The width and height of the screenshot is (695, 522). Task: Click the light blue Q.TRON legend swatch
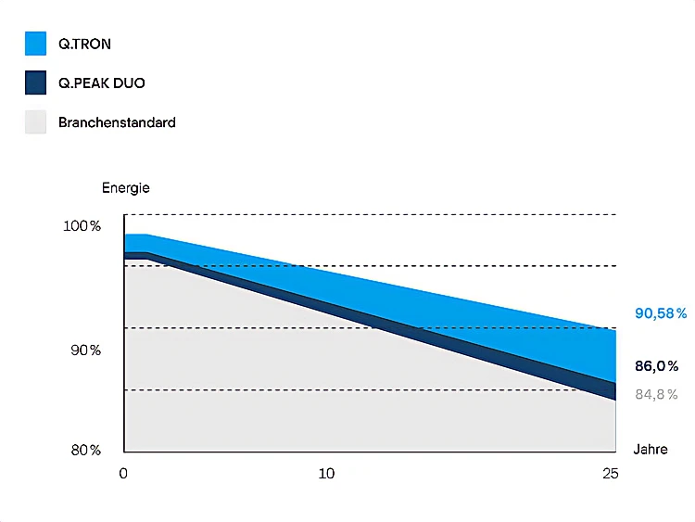click(x=35, y=44)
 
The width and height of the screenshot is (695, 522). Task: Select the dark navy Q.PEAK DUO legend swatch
click(x=35, y=83)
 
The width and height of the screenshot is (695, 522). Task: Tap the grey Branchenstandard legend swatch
click(x=35, y=121)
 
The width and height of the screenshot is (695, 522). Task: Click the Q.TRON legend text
click(x=84, y=44)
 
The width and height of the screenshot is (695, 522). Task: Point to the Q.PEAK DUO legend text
click(x=101, y=83)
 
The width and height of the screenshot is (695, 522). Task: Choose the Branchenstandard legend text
click(x=117, y=121)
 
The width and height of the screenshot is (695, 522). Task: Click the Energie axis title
click(x=125, y=187)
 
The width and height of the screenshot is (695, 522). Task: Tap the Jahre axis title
click(x=650, y=450)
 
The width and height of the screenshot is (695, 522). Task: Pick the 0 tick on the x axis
click(x=123, y=474)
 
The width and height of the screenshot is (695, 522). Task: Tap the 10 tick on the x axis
click(x=326, y=474)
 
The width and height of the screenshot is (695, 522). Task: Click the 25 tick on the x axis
click(x=609, y=474)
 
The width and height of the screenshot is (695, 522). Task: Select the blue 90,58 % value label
click(x=661, y=313)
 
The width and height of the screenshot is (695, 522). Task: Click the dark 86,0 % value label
click(x=657, y=366)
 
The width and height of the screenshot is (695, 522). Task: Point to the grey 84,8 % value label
click(x=656, y=394)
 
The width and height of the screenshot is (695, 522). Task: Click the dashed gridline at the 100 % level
click(x=371, y=215)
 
